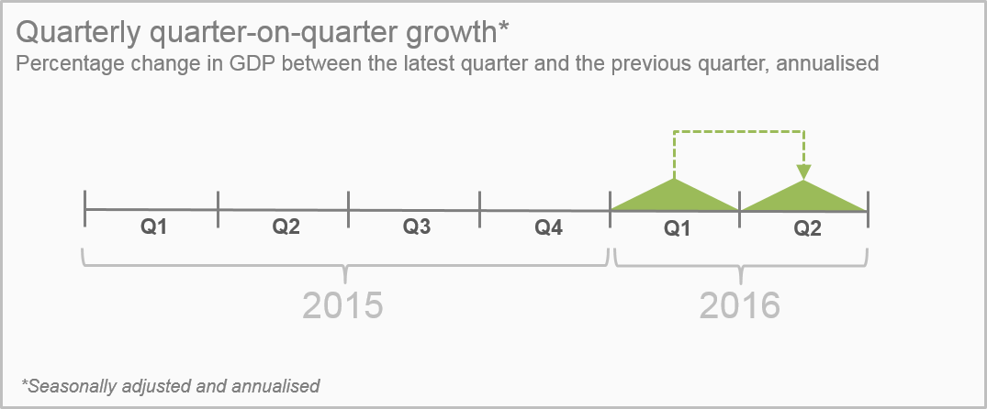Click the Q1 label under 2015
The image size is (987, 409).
pyautogui.click(x=153, y=227)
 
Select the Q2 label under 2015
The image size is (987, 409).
pyautogui.click(x=286, y=227)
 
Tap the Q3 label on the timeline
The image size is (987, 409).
pyautogui.click(x=417, y=227)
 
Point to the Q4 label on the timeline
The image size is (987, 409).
pyautogui.click(x=549, y=227)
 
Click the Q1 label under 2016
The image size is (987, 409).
pyautogui.click(x=678, y=229)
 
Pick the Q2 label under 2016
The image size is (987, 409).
pyautogui.click(x=808, y=229)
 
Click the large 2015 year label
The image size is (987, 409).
pyautogui.click(x=342, y=305)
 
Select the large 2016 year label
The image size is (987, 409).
pyautogui.click(x=740, y=305)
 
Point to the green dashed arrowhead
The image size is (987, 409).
pyautogui.click(x=803, y=172)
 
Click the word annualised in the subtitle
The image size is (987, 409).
pyautogui.click(x=828, y=63)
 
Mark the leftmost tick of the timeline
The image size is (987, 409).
pyautogui.click(x=85, y=208)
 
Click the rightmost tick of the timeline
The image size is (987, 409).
pyautogui.click(x=868, y=210)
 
